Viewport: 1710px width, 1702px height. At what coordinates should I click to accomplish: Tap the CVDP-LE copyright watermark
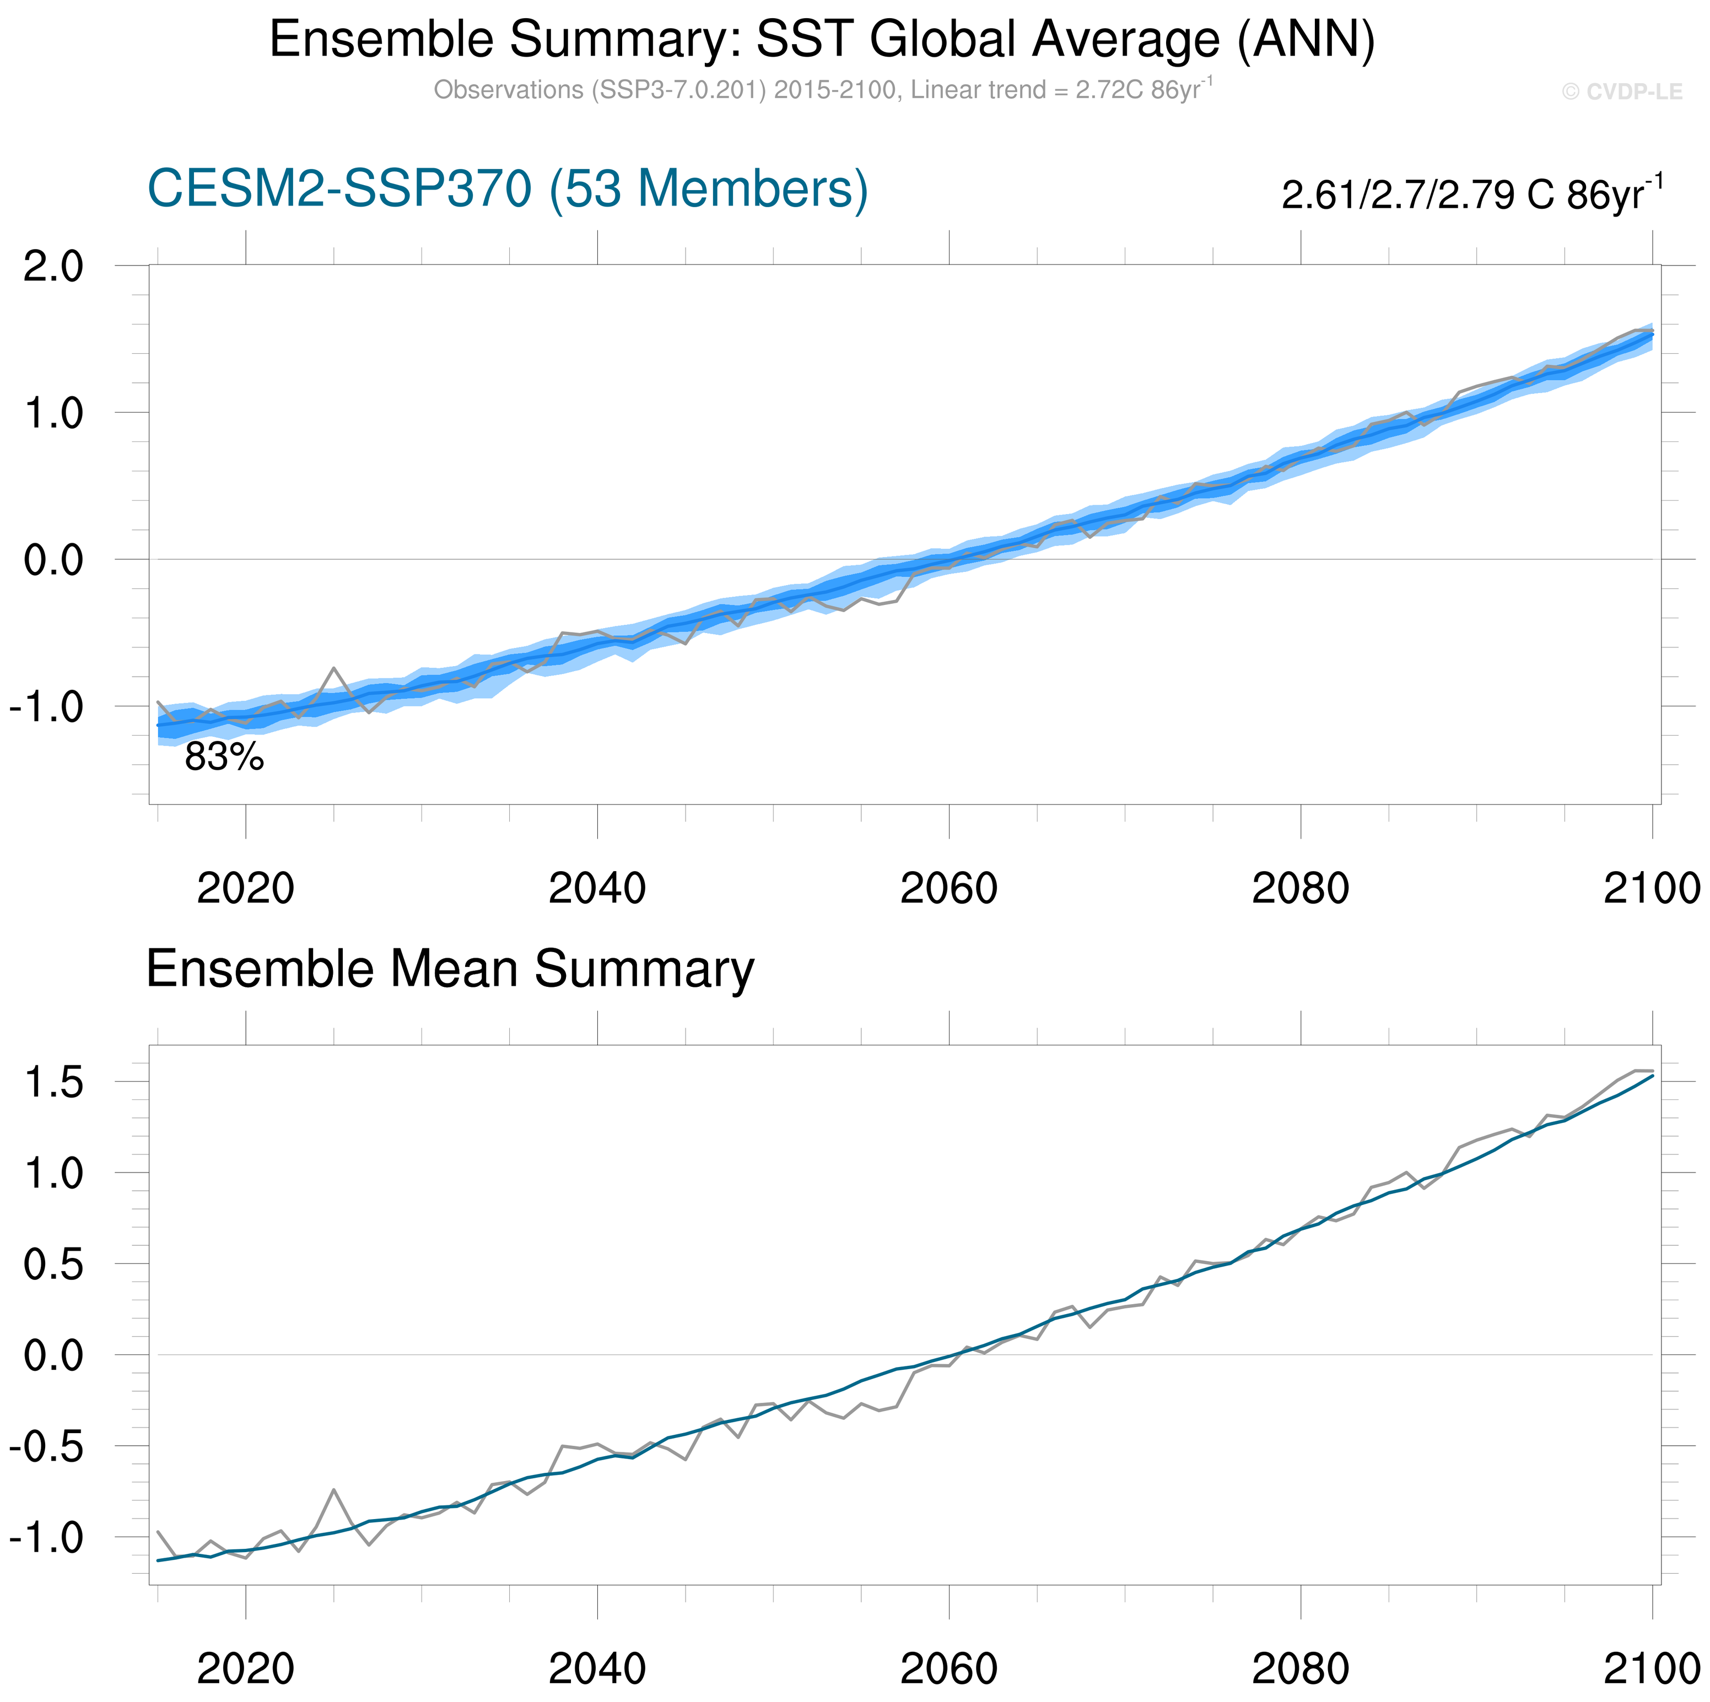[x=1621, y=92]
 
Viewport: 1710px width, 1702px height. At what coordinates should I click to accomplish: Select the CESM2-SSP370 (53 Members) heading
[x=507, y=188]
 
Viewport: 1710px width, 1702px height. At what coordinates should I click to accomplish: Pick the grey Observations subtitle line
[x=822, y=90]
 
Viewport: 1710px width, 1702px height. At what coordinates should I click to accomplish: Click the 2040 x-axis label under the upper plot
[x=597, y=889]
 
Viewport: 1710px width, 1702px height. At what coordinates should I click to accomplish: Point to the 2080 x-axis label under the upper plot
[x=1300, y=889]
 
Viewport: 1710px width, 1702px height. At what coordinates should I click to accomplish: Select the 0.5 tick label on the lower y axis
[x=53, y=1265]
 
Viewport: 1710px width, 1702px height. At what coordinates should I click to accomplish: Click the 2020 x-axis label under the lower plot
[x=245, y=1668]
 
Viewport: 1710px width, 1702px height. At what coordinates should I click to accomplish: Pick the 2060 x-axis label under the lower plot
[x=949, y=1668]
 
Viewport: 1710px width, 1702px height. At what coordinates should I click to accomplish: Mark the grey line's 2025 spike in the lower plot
[x=334, y=1489]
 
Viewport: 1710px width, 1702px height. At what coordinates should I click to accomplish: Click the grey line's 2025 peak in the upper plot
[x=334, y=668]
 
